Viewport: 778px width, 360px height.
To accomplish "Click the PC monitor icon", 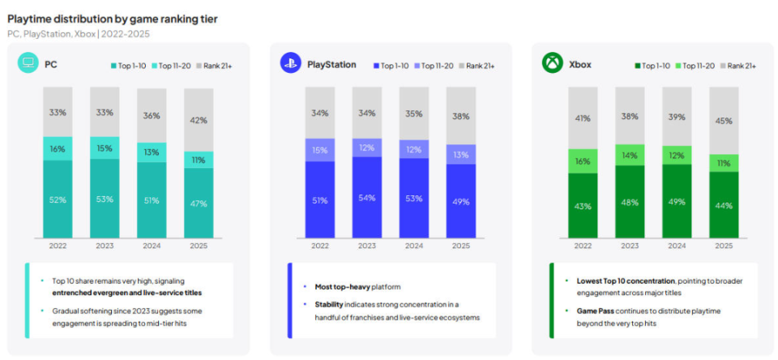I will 28,63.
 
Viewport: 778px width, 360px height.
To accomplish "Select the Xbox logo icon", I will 553,63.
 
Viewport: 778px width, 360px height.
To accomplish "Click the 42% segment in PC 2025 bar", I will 198,120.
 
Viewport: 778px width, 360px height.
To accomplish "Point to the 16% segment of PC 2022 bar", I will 58,148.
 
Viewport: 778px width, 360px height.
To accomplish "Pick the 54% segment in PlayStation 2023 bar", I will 367,198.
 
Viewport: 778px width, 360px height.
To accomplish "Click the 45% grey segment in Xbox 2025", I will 724,121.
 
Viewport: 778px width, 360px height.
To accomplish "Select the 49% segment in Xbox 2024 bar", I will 677,202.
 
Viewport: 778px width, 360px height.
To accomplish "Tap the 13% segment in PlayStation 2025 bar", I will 460,155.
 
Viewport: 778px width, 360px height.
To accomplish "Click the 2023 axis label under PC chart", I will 105,246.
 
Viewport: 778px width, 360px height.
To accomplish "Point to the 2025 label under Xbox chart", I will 724,246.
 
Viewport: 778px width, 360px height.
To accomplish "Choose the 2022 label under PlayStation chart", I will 320,246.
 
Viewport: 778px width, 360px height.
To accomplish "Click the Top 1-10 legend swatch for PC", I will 113,65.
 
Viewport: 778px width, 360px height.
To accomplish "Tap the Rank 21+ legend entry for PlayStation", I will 478,65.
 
